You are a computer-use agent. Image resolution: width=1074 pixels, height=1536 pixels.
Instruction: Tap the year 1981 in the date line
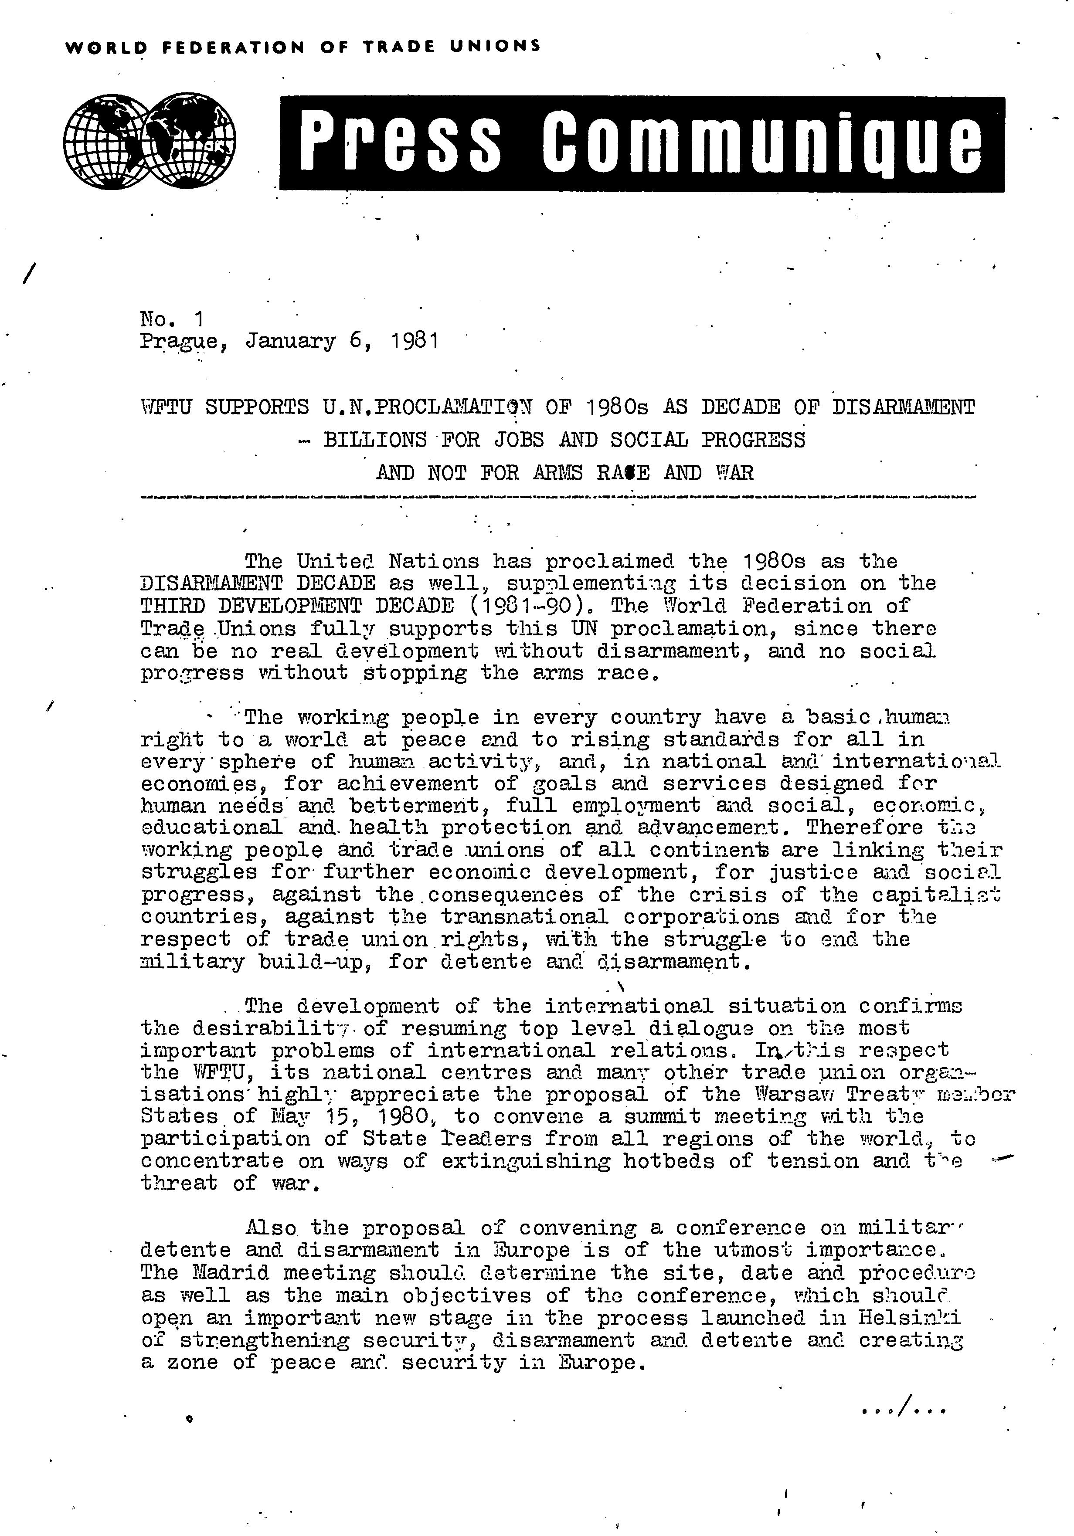click(x=415, y=341)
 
